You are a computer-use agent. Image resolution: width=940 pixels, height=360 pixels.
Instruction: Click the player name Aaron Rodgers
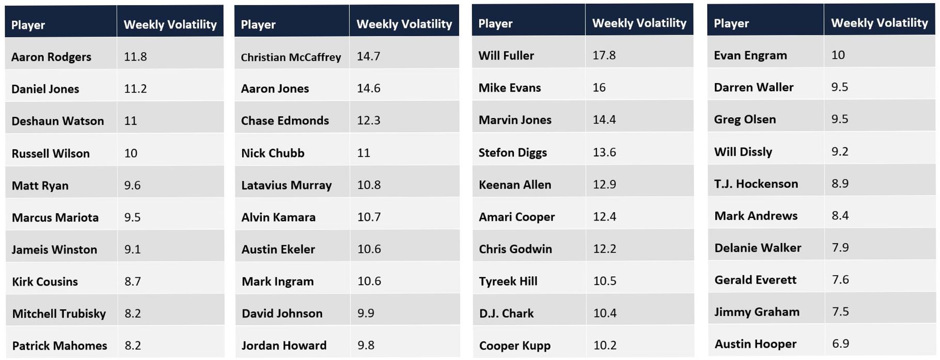[x=51, y=57]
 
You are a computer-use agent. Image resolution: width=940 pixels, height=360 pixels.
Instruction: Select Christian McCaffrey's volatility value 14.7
[x=368, y=56]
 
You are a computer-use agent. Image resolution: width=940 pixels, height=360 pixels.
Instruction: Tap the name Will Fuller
[x=506, y=56]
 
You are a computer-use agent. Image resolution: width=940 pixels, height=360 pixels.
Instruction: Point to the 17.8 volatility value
[x=604, y=55]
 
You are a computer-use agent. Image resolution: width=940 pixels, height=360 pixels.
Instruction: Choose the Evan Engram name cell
[x=750, y=55]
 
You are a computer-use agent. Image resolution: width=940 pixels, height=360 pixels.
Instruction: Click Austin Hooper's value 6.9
[x=840, y=343]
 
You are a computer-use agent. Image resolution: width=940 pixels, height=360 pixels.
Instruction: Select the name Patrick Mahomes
[x=59, y=346]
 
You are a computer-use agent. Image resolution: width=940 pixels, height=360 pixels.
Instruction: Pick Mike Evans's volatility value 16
[x=599, y=88]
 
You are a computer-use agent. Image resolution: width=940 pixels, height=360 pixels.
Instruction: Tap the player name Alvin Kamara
[x=278, y=217]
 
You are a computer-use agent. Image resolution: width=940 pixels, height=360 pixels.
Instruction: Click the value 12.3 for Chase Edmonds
[x=368, y=120]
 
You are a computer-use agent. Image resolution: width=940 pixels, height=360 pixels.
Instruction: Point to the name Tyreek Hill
[x=508, y=281]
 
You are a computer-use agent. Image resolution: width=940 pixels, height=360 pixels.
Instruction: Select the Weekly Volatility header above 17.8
[x=639, y=23]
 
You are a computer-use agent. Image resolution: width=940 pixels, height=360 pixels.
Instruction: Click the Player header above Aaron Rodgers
[x=28, y=25]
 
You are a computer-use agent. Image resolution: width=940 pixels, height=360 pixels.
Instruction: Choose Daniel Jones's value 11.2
[x=135, y=89]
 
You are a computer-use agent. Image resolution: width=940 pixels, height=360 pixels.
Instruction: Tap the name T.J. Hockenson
[x=756, y=184]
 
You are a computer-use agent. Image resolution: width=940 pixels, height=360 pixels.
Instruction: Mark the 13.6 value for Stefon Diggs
[x=604, y=152]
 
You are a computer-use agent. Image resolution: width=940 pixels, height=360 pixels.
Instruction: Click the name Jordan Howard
[x=284, y=345]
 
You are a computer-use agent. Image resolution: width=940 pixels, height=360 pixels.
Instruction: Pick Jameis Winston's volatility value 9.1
[x=132, y=249]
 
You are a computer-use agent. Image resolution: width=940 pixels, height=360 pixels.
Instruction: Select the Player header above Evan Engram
[x=731, y=23]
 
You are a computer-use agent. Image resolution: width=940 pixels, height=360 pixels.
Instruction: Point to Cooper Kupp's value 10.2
[x=604, y=345]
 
